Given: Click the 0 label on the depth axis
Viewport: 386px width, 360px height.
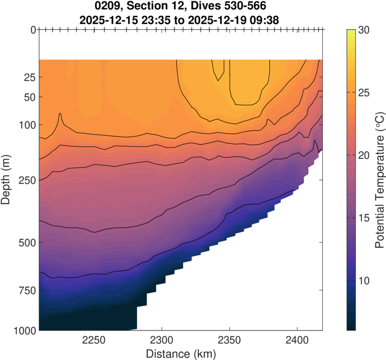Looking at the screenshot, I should [x=32, y=30].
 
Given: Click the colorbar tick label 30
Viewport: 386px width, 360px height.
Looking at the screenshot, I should [x=364, y=30].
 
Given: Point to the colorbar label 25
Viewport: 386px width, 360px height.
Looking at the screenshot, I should [x=364, y=93].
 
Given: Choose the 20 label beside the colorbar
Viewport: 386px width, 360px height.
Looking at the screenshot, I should [x=364, y=155].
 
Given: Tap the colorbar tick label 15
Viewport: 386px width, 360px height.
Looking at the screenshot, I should [x=364, y=218].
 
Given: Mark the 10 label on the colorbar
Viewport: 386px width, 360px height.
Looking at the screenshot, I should [x=364, y=280].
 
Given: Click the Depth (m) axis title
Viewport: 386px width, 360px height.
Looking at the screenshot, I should [x=7, y=180].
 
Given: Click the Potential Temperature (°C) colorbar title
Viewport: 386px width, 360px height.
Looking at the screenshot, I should [x=379, y=180].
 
